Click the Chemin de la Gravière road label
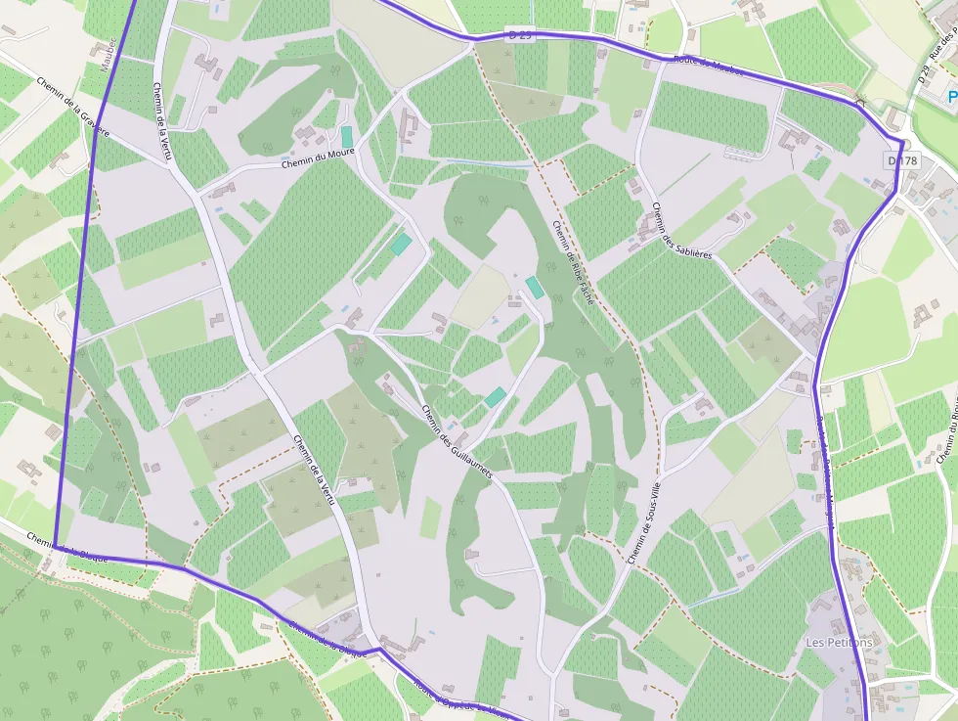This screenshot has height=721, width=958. coord(74,107)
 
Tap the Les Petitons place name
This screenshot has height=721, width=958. coord(839,643)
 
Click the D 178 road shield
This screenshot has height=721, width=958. coord(903,159)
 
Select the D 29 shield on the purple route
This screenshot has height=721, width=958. coord(520,34)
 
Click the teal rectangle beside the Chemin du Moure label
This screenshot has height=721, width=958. coord(346,137)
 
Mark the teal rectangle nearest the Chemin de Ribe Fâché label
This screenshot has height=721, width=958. coord(535,288)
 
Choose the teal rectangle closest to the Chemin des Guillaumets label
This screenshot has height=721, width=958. coord(496,397)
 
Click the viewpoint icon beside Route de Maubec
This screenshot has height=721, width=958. coord(860,103)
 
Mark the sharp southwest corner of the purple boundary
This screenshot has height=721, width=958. coord(55,546)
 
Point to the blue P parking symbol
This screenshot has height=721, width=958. coord(951,97)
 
